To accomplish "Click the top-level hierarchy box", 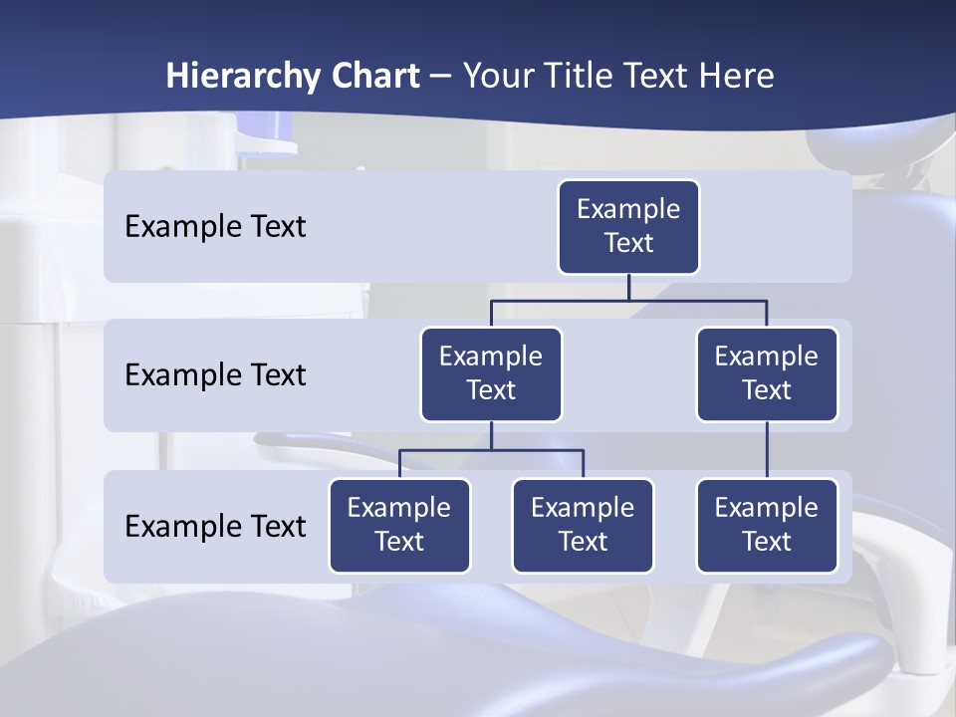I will (x=628, y=227).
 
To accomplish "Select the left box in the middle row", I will (x=491, y=374).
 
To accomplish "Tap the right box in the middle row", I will (x=767, y=374).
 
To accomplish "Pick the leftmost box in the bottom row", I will (x=399, y=526).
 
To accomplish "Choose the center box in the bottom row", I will (x=583, y=526).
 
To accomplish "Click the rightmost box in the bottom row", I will (x=767, y=526).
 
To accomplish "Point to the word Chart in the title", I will (x=370, y=77).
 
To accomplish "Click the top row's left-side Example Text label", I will (x=215, y=227).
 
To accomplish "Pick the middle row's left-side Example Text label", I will (x=215, y=375).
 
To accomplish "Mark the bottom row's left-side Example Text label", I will (x=215, y=527).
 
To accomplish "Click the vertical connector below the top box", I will (x=628, y=287).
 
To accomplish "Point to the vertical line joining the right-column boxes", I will (x=767, y=450).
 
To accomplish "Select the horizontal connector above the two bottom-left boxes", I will (x=491, y=450).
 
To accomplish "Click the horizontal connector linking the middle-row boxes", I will (x=628, y=300).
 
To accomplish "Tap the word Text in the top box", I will (x=628, y=243).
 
